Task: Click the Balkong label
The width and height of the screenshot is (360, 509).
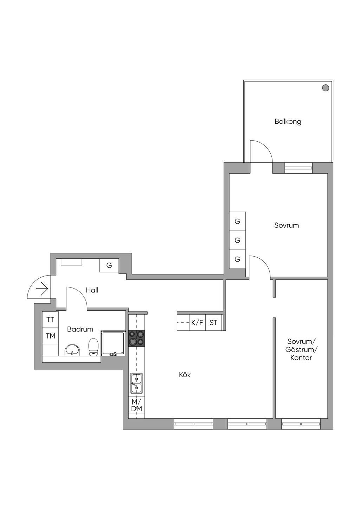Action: point(288,122)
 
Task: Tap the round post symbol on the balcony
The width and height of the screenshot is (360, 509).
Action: point(326,88)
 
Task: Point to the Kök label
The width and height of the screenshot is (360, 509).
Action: point(185,374)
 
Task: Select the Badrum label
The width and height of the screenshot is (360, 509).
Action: point(80,329)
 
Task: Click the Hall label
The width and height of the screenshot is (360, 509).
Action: point(92,290)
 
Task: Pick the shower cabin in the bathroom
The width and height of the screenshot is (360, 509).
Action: point(113,343)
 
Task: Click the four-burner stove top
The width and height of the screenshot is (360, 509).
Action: point(136,339)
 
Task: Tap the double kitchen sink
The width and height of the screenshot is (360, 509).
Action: point(136,384)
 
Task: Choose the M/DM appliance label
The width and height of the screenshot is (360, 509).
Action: point(137,405)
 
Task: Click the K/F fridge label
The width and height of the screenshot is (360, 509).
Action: point(197,323)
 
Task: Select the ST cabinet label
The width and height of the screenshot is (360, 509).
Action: point(213,323)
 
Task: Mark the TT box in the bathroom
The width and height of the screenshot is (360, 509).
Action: point(51,320)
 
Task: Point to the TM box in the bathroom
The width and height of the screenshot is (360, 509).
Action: point(51,336)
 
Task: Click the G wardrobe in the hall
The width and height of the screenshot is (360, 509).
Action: point(109,265)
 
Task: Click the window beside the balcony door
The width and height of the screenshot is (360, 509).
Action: point(298,168)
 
